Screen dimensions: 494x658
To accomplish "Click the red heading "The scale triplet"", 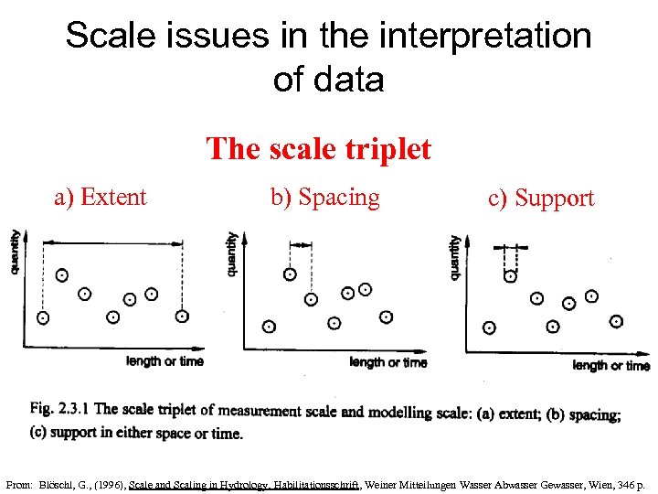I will [318, 148].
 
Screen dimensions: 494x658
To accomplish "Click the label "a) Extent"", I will [101, 197].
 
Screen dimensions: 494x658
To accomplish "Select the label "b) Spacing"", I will [324, 197].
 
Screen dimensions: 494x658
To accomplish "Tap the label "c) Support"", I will [541, 198].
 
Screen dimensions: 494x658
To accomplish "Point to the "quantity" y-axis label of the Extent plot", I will [16, 252].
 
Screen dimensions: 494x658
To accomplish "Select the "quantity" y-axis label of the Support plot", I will [454, 257].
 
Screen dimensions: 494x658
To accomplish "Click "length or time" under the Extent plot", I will [164, 361].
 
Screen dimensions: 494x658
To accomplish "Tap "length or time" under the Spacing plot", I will [388, 362].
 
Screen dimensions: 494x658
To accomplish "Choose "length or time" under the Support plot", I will [610, 366].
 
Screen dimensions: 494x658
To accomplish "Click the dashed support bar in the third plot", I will [511, 248].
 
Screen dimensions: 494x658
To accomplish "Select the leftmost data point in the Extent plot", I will [42, 317].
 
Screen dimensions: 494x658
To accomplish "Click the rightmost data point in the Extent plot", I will [182, 317].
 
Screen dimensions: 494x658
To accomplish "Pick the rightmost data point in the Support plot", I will [617, 321].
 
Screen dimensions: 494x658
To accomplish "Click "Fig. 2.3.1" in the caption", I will [59, 410].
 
